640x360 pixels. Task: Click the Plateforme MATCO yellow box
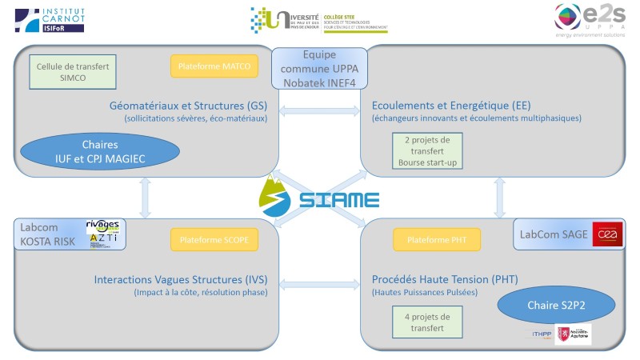[214, 66]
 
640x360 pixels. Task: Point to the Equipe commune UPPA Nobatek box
[319, 69]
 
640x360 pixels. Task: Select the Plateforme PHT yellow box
[436, 239]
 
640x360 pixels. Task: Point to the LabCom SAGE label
[554, 234]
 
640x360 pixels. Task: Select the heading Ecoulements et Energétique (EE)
[451, 106]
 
